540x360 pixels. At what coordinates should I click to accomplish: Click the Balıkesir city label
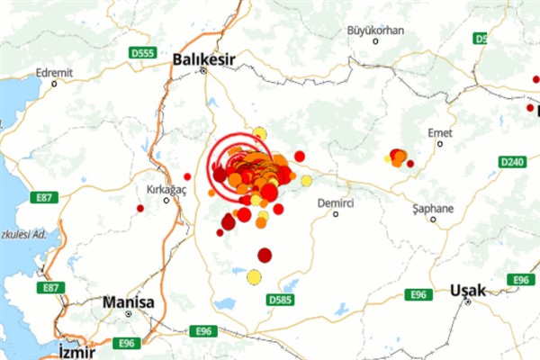204,58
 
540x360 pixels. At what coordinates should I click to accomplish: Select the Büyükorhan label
376,30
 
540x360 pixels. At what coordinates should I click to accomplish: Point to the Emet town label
440,132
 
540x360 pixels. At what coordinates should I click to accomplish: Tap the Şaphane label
432,208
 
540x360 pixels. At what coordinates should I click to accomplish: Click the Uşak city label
468,290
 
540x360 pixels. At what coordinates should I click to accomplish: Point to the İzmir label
76,349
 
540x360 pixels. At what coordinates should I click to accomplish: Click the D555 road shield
142,53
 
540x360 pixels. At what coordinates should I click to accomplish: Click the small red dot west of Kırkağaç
140,208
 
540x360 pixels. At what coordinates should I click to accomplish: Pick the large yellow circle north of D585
254,277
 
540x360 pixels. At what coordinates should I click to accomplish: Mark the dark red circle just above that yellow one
265,255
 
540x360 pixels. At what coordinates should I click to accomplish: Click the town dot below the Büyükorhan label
376,40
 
